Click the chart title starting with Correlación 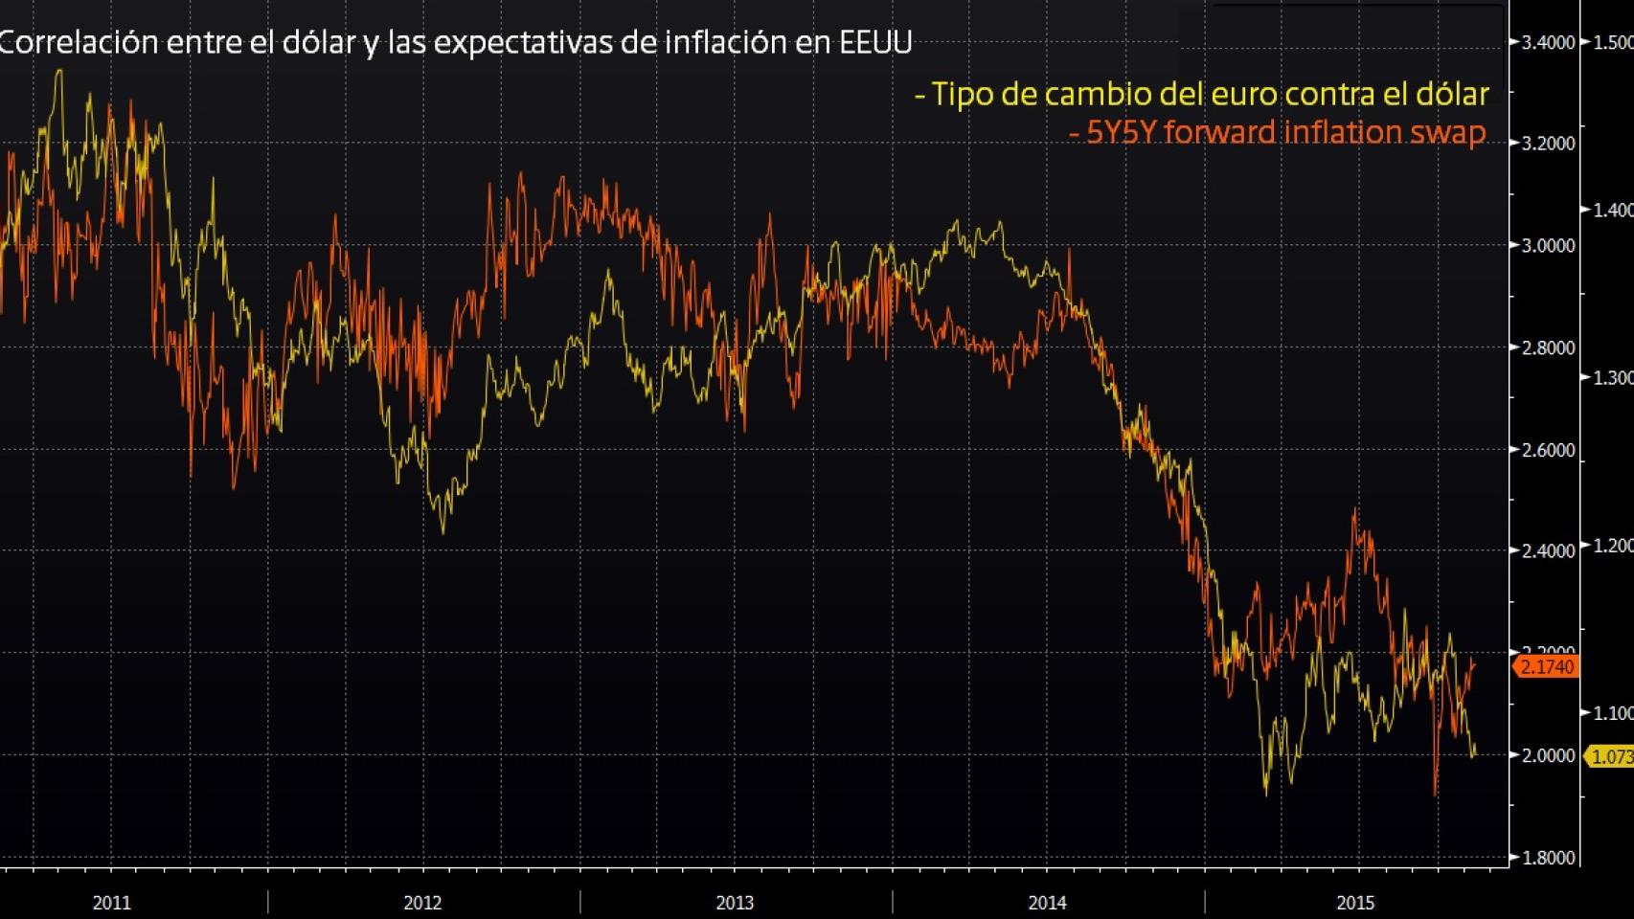click(x=456, y=43)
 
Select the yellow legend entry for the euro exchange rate click(x=1202, y=94)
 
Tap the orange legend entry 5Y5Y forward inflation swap click(x=1278, y=132)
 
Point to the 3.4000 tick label click(x=1549, y=42)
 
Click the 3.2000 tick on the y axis click(x=1549, y=144)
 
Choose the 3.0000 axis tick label click(x=1549, y=245)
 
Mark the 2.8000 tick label click(x=1549, y=347)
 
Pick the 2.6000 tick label click(x=1549, y=450)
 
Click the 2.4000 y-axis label click(x=1549, y=550)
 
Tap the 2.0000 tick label click(x=1549, y=755)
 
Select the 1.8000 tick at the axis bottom click(x=1549, y=858)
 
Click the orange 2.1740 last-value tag click(x=1547, y=666)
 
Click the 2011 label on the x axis click(x=112, y=903)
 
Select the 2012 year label click(x=423, y=903)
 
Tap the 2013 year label click(x=736, y=903)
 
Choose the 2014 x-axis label click(x=1047, y=903)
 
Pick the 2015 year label click(x=1356, y=903)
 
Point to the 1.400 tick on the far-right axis click(x=1613, y=210)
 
